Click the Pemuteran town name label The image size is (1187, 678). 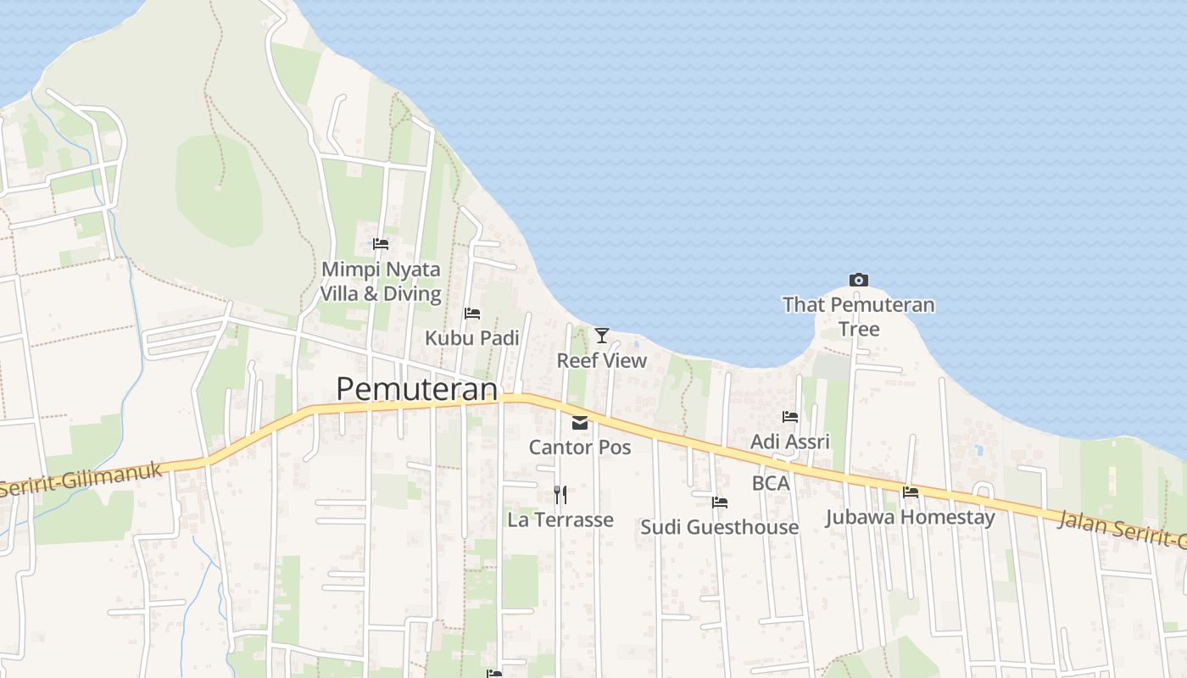(x=416, y=389)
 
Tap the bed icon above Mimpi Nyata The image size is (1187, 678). (x=381, y=244)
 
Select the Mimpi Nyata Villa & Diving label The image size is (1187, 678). (x=381, y=281)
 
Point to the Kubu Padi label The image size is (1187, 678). (x=471, y=337)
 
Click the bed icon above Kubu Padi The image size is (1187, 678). (x=472, y=314)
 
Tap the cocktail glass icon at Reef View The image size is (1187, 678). (x=602, y=336)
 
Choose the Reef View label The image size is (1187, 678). (x=601, y=360)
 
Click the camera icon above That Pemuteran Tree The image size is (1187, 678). (x=858, y=280)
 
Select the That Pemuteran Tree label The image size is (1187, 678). (x=858, y=316)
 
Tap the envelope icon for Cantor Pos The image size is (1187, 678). (x=580, y=423)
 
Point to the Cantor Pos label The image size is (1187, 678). (x=580, y=447)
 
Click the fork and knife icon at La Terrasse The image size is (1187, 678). (x=560, y=494)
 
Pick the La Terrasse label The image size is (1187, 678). (x=560, y=520)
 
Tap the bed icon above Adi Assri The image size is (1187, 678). (x=790, y=417)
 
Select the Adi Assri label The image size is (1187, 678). (x=790, y=442)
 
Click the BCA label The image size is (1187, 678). (x=771, y=483)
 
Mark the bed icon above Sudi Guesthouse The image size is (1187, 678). (x=720, y=503)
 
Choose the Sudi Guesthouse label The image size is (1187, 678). (x=719, y=527)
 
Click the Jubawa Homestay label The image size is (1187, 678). (x=910, y=517)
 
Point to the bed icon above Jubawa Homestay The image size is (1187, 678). (x=911, y=492)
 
